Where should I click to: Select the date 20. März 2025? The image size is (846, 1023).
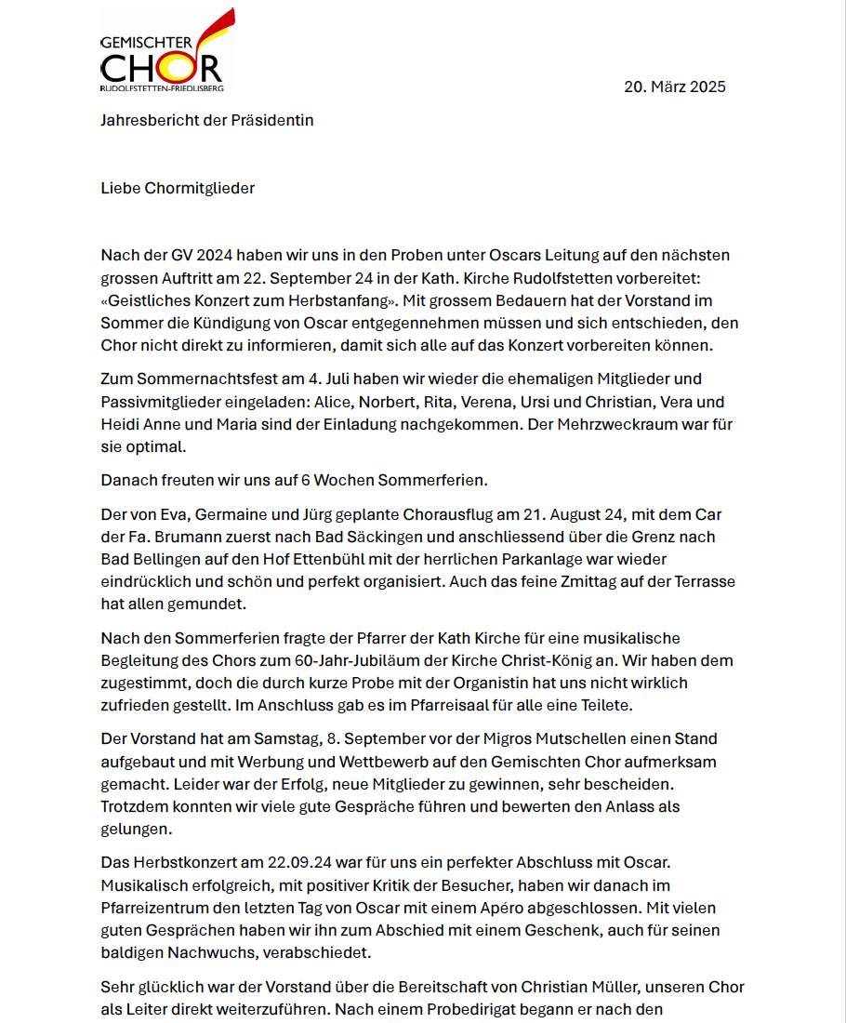[x=674, y=87]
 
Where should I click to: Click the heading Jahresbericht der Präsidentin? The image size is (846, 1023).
[x=206, y=120]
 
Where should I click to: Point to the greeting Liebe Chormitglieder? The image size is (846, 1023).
[x=178, y=188]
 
